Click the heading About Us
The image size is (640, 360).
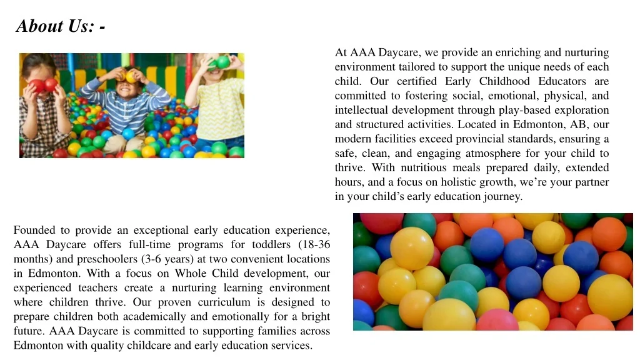point(61,26)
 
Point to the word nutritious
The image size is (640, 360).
point(424,167)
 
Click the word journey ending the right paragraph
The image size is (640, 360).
point(500,196)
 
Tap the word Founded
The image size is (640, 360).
point(34,230)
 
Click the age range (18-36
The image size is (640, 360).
point(314,244)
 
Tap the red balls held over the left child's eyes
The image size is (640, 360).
point(44,85)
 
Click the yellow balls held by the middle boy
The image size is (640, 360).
point(131,76)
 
